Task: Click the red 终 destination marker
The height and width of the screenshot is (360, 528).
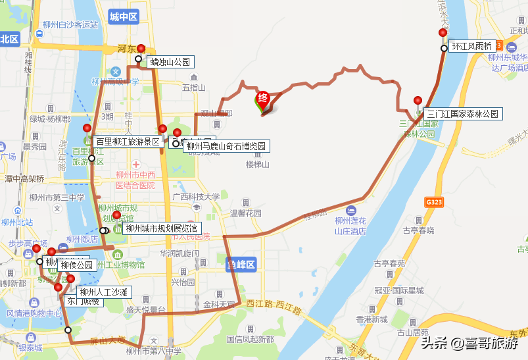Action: (262, 99)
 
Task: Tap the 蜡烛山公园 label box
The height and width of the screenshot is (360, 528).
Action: (170, 62)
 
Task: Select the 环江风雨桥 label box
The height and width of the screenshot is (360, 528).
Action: (472, 47)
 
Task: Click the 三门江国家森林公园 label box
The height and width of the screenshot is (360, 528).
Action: (463, 114)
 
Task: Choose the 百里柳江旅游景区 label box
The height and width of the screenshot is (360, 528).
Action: (128, 141)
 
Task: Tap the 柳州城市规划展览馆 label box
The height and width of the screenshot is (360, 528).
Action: (162, 229)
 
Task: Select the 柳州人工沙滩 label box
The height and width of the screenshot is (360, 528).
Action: (104, 292)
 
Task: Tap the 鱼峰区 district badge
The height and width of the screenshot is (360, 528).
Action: (240, 265)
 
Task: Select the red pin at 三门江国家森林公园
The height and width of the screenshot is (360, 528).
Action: (418, 101)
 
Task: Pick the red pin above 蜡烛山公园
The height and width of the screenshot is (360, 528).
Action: (141, 49)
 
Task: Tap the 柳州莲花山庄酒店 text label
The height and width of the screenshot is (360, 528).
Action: (350, 226)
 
